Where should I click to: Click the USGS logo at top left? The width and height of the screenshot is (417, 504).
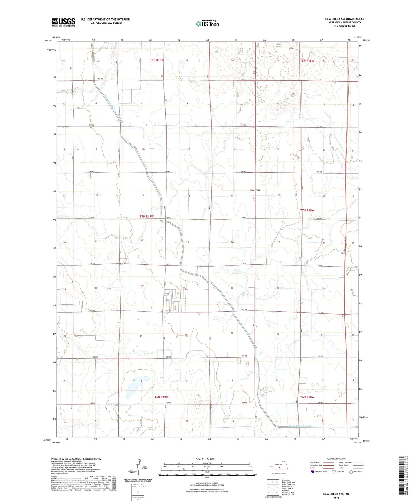[63, 22]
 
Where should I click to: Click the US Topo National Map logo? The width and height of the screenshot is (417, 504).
[207, 24]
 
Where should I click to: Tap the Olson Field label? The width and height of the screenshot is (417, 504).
[255, 190]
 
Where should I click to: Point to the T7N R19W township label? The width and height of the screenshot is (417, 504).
[147, 216]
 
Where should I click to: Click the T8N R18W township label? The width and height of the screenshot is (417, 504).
[307, 61]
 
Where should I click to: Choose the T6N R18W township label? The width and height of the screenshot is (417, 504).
[307, 397]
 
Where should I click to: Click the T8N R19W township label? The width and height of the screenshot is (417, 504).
[157, 60]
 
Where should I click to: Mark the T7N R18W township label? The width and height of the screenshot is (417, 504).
[307, 210]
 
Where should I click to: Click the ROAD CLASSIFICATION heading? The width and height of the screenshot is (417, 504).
[336, 459]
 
